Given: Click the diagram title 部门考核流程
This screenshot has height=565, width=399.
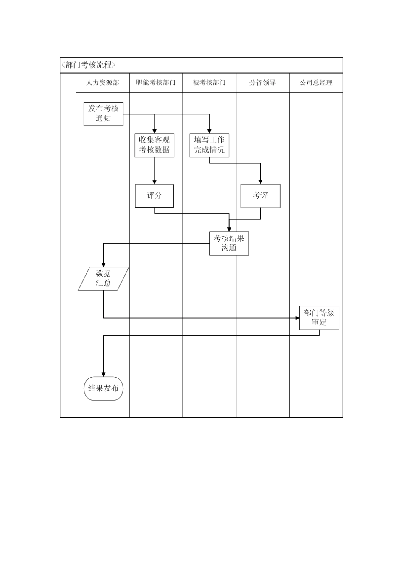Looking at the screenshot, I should pos(88,65).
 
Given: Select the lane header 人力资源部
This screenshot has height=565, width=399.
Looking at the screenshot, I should pos(102,83).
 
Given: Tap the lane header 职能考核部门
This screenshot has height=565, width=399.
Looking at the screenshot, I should pos(156,83).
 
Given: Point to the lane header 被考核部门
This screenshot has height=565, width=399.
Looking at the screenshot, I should pos(209,83).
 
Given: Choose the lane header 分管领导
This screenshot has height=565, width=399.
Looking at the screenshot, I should pos(262,83).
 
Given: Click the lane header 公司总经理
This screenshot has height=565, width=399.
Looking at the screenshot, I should pos(316,83).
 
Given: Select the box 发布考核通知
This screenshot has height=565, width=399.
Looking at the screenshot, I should pos(103,114).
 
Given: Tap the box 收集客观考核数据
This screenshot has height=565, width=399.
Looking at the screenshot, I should pos(155,145).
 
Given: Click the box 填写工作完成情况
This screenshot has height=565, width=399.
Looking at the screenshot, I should pos(209,145).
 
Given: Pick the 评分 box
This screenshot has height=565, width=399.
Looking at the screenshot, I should pos(154,195).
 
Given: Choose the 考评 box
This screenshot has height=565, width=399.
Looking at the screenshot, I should pos(260,195).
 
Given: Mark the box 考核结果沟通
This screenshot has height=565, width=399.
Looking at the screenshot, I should pos(229,243).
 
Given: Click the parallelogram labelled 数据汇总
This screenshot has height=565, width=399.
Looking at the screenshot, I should pos(103,279).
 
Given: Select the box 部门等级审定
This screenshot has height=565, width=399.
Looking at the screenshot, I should pos(319,318).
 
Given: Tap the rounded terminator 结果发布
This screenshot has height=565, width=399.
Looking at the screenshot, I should pos(103,388).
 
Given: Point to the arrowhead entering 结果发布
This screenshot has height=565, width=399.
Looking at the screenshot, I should pos(103,374).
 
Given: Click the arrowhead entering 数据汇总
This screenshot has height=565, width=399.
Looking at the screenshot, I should pos(103,264).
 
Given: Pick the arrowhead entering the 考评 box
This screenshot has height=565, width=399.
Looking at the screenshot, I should pos(260,182).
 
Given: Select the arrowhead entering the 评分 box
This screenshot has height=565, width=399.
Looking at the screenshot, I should pos(155,182).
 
